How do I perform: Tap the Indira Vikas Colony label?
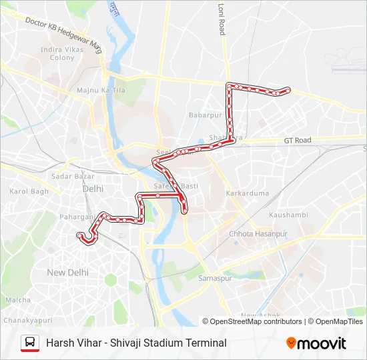(61, 53)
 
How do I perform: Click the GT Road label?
(298, 141)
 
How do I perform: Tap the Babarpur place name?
(205, 115)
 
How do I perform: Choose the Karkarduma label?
(247, 193)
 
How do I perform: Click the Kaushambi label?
(288, 215)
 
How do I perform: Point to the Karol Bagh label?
(29, 191)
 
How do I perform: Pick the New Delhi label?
(67, 272)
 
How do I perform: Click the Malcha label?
(18, 300)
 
